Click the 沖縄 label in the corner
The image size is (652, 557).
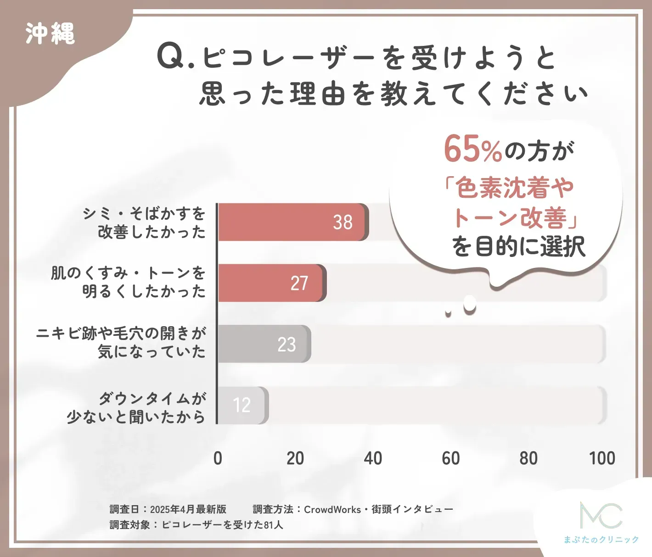pos(50,33)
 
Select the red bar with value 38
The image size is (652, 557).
pos(293,222)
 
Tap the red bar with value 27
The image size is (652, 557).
pos(272,283)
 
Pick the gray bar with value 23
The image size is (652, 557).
pos(264,344)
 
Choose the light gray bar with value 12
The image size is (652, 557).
pos(243,405)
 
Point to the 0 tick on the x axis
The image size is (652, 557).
pos(218,458)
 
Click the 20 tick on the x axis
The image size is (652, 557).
pos(295,458)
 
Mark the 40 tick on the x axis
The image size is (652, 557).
pos(373,458)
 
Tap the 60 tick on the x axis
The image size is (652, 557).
pos(450,458)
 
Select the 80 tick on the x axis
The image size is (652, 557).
pos(528,458)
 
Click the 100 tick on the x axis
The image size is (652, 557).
pos(602,458)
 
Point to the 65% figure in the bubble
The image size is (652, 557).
pos(472,149)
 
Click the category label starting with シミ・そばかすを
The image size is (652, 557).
pos(144,223)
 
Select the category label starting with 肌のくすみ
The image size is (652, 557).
pos(128,282)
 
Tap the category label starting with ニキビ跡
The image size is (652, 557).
pos(121,342)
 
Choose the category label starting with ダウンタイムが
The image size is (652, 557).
pos(136,407)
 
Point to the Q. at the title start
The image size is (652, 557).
pos(176,57)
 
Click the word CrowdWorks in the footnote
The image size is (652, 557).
pos(332,509)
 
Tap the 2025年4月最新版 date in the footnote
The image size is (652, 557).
pos(188,509)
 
